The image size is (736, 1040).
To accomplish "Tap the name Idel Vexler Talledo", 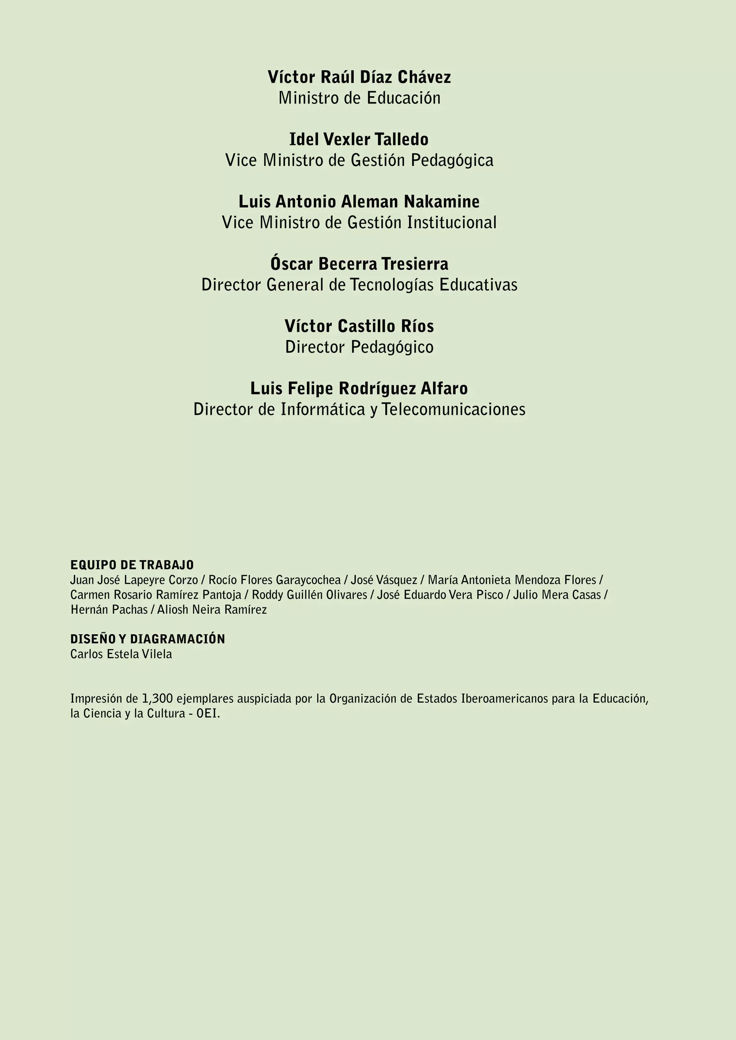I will pos(359,139).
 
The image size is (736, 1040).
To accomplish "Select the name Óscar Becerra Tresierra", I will pos(359,264).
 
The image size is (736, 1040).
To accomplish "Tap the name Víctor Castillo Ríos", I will pos(359,326).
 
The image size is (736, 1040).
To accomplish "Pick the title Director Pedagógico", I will pos(359,347).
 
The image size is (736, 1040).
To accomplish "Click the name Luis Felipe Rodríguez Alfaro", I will pos(359,388).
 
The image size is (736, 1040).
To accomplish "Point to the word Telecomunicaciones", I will pos(453,409).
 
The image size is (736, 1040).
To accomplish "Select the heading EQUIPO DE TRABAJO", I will pos(132,565).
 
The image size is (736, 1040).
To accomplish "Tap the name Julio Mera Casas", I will pos(557,595).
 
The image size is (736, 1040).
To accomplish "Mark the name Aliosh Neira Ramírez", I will pos(212,610).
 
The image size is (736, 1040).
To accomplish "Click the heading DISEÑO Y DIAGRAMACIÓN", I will pos(148,639).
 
